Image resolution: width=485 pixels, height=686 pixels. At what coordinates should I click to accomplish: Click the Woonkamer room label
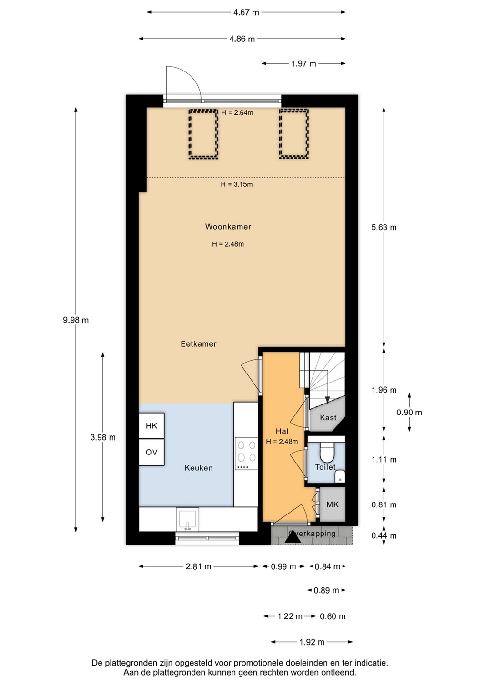pos(228,227)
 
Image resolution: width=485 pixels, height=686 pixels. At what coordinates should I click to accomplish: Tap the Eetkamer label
pos(198,344)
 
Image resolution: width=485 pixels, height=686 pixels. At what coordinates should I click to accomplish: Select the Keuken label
pos(198,468)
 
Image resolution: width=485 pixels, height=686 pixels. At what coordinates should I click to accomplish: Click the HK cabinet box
pos(152,426)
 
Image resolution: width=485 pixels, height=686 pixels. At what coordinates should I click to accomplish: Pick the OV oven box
pos(152,452)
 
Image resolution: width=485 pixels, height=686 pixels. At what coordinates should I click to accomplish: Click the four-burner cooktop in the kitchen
pos(246,453)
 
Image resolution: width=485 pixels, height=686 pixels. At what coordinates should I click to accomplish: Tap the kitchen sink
pos(187,519)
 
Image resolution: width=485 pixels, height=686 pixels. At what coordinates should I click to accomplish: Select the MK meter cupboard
pos(333,504)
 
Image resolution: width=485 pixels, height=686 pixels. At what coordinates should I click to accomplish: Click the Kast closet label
pos(328,418)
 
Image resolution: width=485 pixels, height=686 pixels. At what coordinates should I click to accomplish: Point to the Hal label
pos(282,431)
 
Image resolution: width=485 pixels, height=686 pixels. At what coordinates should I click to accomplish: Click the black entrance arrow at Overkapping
pos(293,538)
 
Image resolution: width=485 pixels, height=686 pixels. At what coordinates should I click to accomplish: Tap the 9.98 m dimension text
pos(76,320)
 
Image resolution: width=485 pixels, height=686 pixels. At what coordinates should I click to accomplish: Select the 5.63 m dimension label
pos(384,227)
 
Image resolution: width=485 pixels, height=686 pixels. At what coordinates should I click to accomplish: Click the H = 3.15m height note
pos(237,184)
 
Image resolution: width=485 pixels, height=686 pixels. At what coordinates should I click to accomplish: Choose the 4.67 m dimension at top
pos(246,12)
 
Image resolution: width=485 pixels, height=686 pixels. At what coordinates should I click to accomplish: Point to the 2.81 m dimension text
pos(198,566)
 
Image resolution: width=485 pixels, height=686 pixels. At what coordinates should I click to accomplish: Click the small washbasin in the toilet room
pos(340,477)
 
